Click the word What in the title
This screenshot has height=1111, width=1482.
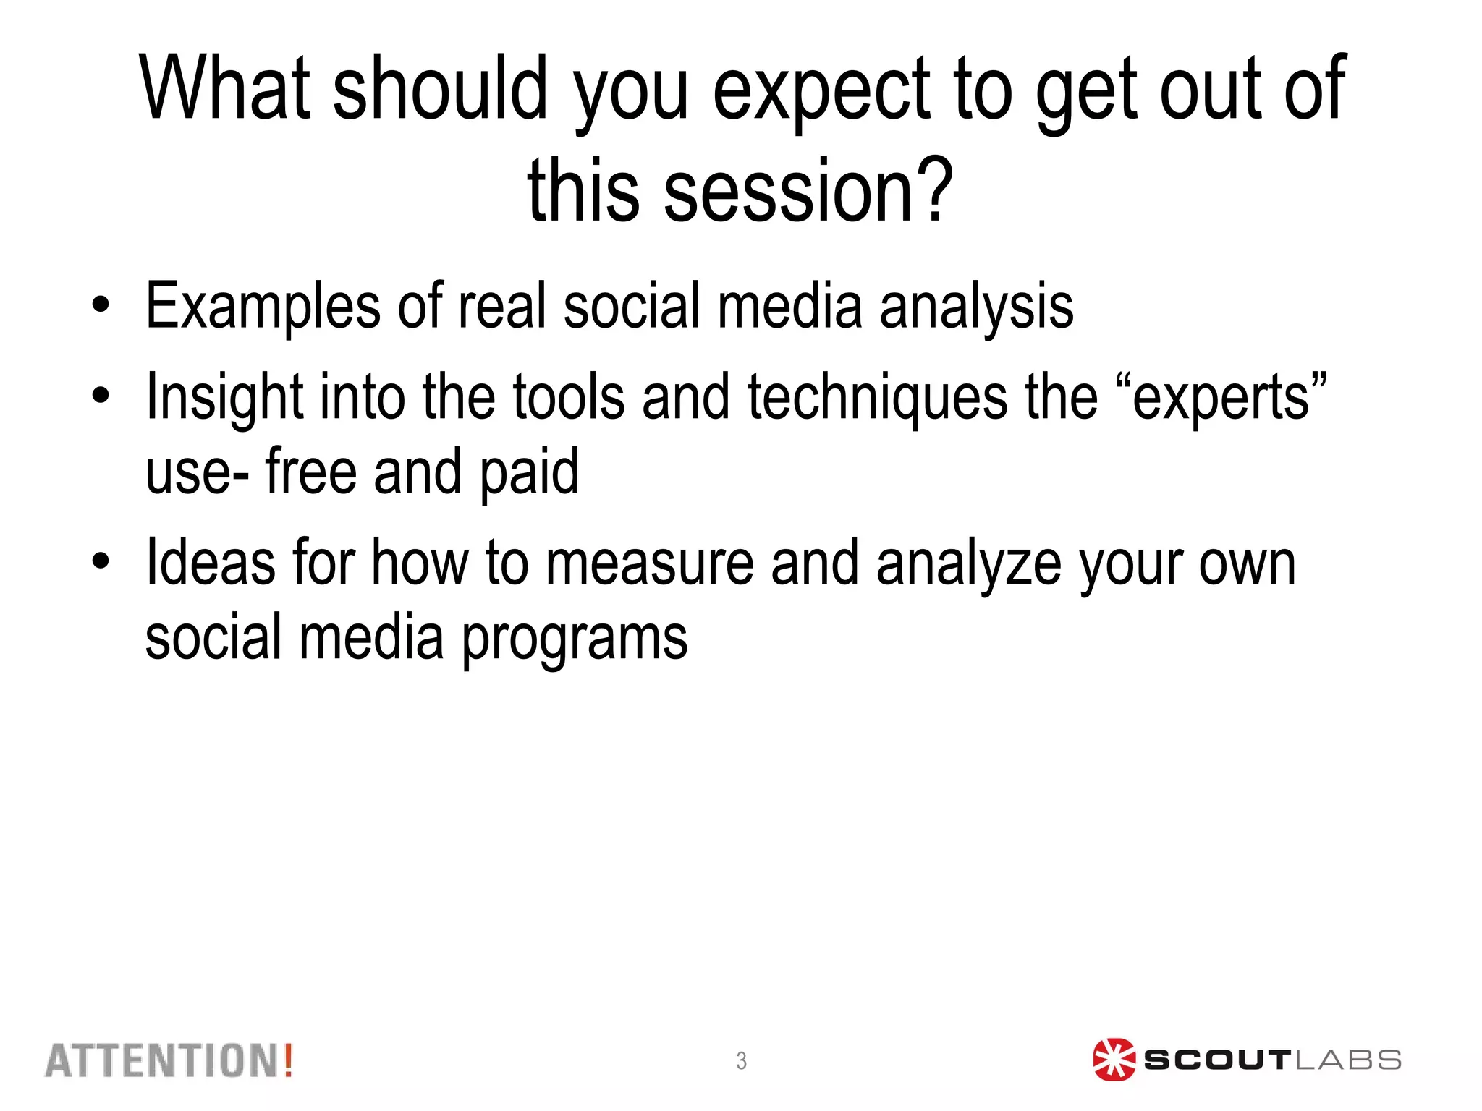tap(225, 88)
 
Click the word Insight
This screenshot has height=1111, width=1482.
tap(224, 397)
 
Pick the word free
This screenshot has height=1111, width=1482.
tap(312, 471)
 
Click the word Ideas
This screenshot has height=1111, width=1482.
tap(210, 563)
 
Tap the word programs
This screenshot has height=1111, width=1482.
tap(574, 639)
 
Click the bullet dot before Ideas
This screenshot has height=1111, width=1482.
tap(101, 561)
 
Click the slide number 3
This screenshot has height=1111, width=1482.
tap(741, 1060)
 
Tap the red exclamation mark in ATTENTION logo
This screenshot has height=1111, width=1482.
tap(288, 1060)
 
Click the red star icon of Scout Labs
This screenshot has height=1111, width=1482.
tap(1113, 1060)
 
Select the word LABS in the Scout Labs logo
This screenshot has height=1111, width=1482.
tap(1347, 1060)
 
